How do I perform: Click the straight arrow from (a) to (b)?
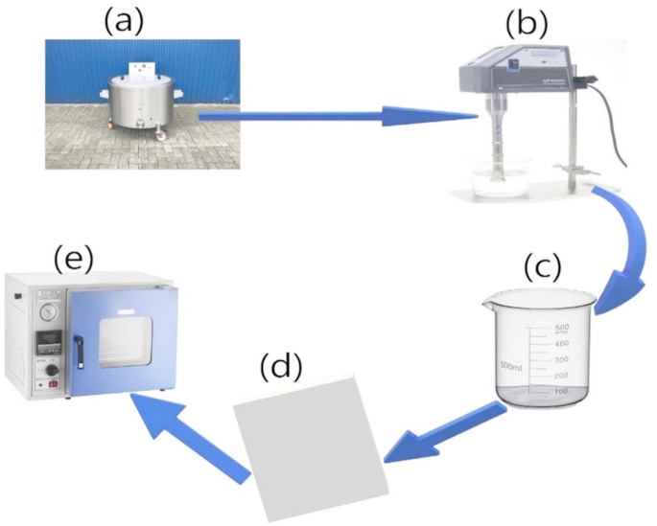[x=336, y=118]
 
